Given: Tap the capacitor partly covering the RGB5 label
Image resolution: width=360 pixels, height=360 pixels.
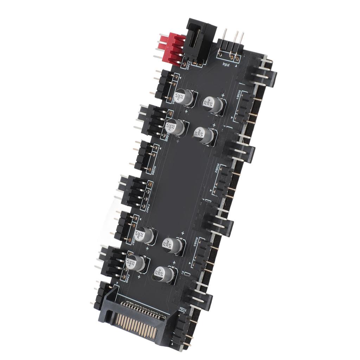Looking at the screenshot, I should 184,97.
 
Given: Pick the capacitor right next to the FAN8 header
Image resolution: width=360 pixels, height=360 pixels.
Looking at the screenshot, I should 136,263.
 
